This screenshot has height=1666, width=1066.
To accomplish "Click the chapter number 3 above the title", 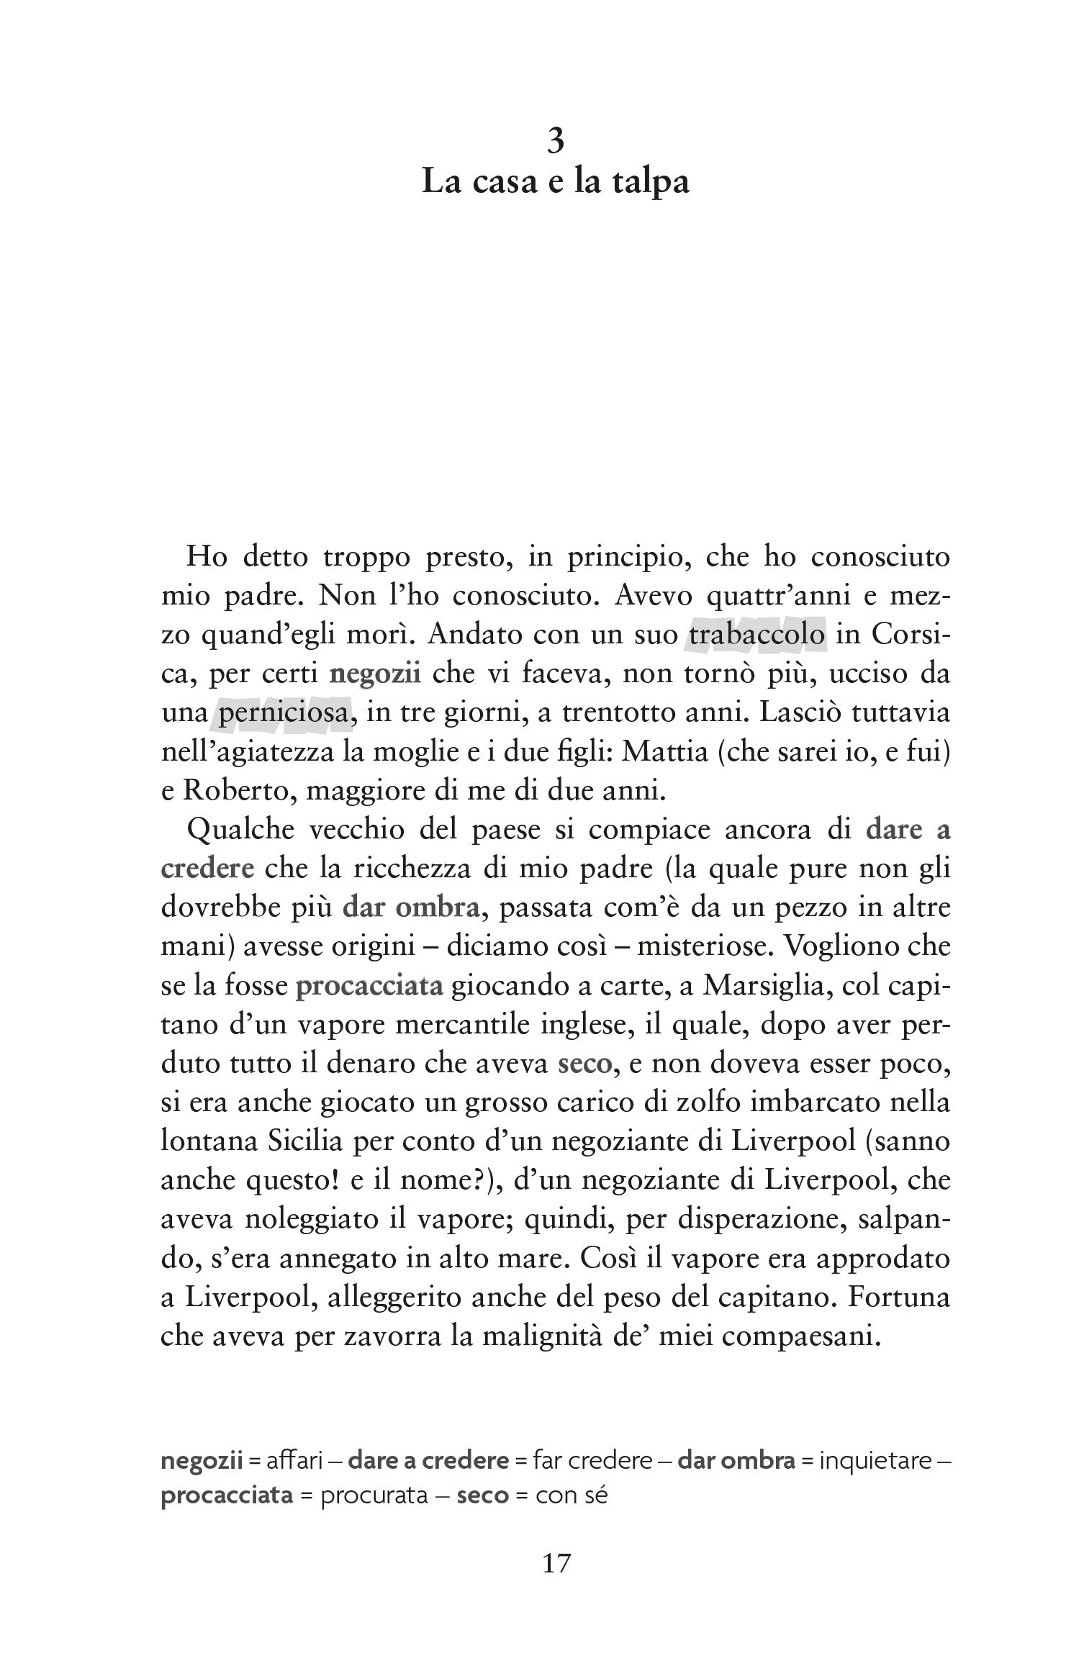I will (555, 141).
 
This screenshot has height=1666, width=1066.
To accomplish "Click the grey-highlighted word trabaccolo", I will (756, 635).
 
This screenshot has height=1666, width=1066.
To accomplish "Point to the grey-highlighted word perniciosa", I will (284, 713).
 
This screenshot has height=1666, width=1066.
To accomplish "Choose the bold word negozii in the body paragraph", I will (375, 674).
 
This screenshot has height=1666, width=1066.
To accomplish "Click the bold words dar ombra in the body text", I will (411, 907).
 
